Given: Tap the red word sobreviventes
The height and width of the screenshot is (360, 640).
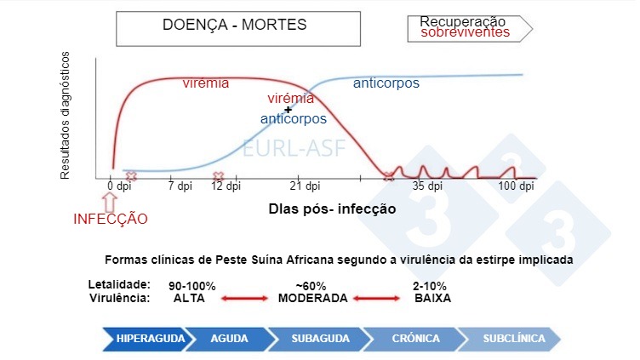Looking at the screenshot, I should click(465, 32).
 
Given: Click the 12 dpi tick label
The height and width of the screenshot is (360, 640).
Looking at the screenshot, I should click(227, 186).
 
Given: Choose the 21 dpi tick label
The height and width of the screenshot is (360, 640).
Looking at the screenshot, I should click(304, 186).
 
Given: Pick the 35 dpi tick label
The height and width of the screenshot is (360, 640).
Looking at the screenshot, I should click(428, 186).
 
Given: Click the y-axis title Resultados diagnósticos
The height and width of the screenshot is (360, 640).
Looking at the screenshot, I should click(65, 115).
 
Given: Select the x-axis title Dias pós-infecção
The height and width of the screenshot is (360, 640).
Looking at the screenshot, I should click(332, 207).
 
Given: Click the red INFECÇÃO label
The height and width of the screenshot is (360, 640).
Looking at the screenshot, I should click(111, 219).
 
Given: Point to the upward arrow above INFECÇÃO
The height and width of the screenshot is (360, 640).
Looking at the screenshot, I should click(109, 201).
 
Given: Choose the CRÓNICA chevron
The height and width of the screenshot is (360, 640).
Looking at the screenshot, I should click(416, 338).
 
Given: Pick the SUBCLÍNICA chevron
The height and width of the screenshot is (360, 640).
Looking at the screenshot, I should click(513, 338).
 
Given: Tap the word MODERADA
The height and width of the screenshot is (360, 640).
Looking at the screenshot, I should click(312, 299).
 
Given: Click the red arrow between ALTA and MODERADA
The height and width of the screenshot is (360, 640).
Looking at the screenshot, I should click(244, 299).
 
